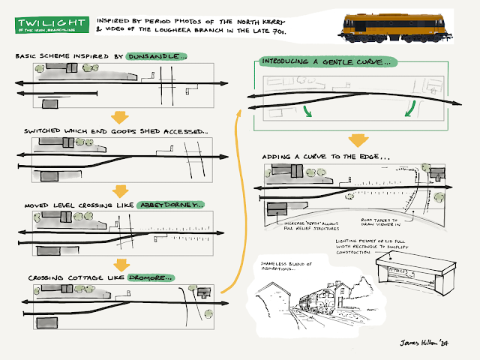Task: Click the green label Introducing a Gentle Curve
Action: pos(328,63)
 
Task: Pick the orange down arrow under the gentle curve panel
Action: pos(358,139)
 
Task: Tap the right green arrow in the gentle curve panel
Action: pos(409,111)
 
